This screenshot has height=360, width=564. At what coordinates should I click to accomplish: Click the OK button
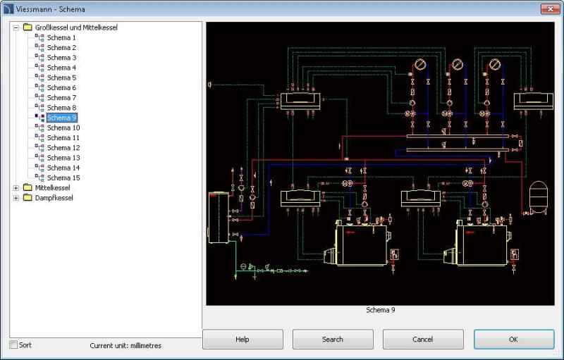point(513,339)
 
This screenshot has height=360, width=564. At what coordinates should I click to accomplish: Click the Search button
point(333,339)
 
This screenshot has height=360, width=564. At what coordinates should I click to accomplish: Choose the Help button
point(243,339)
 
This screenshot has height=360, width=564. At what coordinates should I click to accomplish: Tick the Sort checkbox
point(13,345)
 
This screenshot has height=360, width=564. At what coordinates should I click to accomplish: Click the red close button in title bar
point(550,9)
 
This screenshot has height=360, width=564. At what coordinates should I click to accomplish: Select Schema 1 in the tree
point(61,37)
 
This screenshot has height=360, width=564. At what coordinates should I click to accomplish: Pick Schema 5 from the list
point(61,77)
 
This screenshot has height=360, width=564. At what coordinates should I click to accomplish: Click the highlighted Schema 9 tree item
point(62,118)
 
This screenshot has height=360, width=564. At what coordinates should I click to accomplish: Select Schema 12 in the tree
point(63,148)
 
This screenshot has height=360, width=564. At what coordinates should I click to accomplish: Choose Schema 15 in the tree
point(63,178)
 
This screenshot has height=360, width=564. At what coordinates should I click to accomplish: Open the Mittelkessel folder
point(53,188)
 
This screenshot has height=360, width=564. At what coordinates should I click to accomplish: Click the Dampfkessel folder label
point(54,198)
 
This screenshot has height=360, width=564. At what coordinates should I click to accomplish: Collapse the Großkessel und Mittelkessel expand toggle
point(16,27)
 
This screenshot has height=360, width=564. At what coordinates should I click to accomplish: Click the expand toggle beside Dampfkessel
point(16,198)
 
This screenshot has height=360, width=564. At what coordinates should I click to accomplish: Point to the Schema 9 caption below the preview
point(381,310)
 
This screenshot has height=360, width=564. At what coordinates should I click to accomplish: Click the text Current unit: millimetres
point(125,345)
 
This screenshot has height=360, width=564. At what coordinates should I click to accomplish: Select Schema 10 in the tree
point(63,128)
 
